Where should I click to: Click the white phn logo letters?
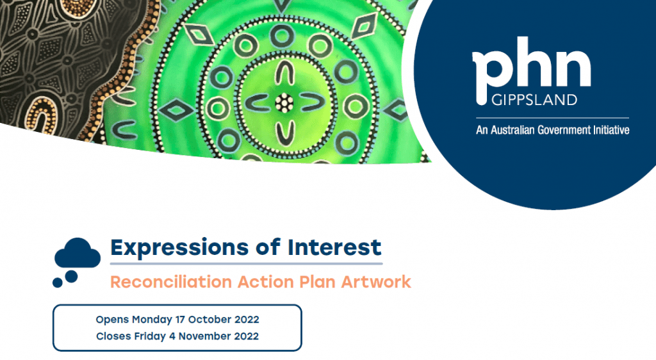click(x=531, y=70)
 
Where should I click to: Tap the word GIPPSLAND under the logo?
click(x=534, y=100)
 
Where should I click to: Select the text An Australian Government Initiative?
click(x=553, y=130)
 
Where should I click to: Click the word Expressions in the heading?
click(x=180, y=247)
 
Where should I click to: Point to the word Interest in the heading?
click(x=334, y=247)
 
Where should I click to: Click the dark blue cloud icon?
click(x=78, y=253)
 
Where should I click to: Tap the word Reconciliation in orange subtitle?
click(x=170, y=282)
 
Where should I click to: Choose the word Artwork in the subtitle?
click(x=376, y=282)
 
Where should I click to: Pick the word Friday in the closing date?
click(x=149, y=336)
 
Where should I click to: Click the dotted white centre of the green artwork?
click(x=284, y=103)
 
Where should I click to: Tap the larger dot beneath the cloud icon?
click(x=71, y=276)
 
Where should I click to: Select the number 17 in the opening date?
click(x=180, y=320)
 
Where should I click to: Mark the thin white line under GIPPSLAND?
click(x=552, y=118)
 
